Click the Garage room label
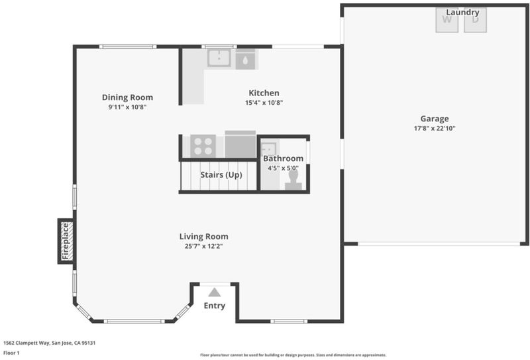[x=435, y=119]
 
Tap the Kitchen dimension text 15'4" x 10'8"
[x=264, y=103]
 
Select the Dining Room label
[x=127, y=97]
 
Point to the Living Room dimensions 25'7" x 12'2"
[x=203, y=246]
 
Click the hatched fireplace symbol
[x=67, y=241]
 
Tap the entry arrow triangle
[x=214, y=292]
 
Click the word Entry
[x=214, y=306]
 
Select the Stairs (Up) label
[x=221, y=175]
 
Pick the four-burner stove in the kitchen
[x=203, y=146]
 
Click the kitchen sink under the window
[x=219, y=58]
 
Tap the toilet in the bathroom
[x=293, y=180]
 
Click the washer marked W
[x=447, y=21]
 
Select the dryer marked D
[x=475, y=21]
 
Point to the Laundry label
[x=462, y=13]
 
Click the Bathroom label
[x=284, y=158]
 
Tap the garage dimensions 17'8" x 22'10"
[x=435, y=128]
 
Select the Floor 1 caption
[x=11, y=353]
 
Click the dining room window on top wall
[x=128, y=46]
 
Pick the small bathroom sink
[x=269, y=149]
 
